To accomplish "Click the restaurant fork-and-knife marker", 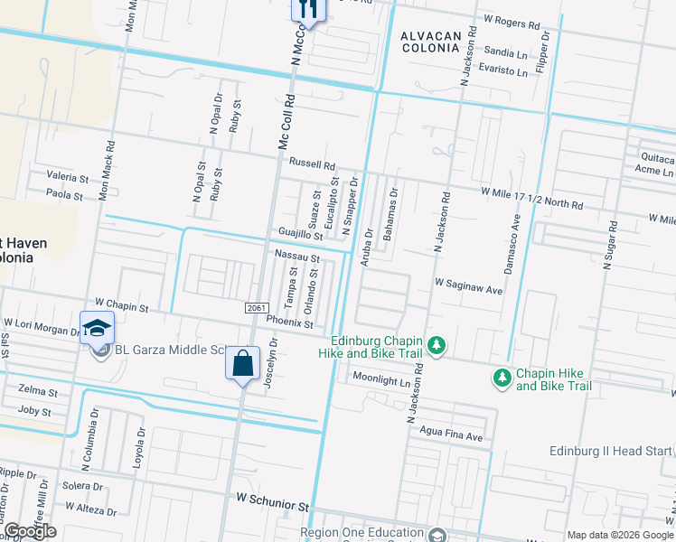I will click(307, 10).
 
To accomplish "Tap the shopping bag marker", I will click(242, 364).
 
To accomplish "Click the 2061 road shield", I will click(257, 308).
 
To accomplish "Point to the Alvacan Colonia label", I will click(431, 42).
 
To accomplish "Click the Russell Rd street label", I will click(312, 165).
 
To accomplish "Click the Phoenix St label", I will click(289, 323).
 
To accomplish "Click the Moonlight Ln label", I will click(381, 378).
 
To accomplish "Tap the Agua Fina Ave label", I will click(451, 436).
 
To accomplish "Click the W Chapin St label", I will click(121, 307).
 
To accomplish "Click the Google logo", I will click(29, 531).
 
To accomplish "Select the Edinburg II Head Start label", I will click(611, 451).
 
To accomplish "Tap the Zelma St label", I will click(38, 393).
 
